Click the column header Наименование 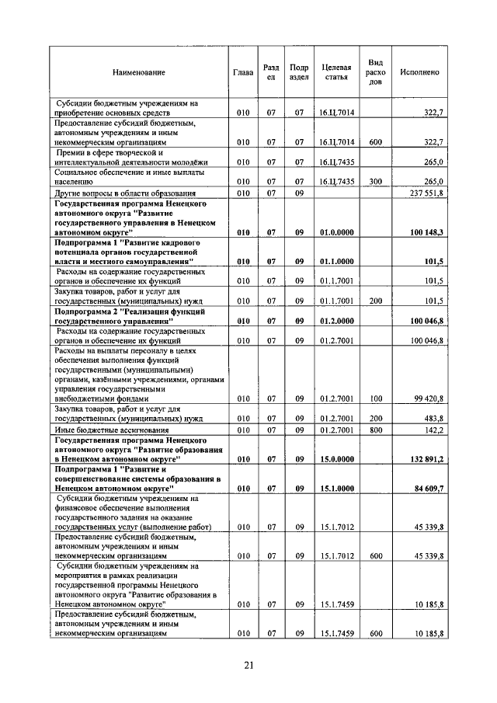(x=139, y=72)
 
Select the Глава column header (x=243, y=72)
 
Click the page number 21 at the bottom (x=249, y=664)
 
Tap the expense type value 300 (x=375, y=181)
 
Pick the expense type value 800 (x=375, y=430)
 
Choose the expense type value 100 (x=375, y=398)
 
